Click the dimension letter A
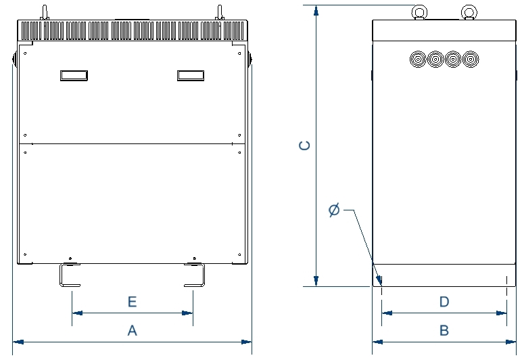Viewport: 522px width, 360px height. [x=132, y=330]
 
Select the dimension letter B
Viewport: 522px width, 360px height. [x=444, y=330]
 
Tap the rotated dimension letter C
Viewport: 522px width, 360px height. [x=304, y=145]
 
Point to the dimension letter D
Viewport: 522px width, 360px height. [x=444, y=302]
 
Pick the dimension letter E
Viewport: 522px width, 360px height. [x=132, y=302]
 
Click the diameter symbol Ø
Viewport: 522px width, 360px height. [x=334, y=210]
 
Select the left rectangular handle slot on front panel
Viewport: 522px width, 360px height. [x=74, y=76]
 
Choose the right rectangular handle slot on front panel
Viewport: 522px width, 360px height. [x=191, y=76]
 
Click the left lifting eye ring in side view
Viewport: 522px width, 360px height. [x=419, y=12]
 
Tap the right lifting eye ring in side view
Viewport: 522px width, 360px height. [x=469, y=12]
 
